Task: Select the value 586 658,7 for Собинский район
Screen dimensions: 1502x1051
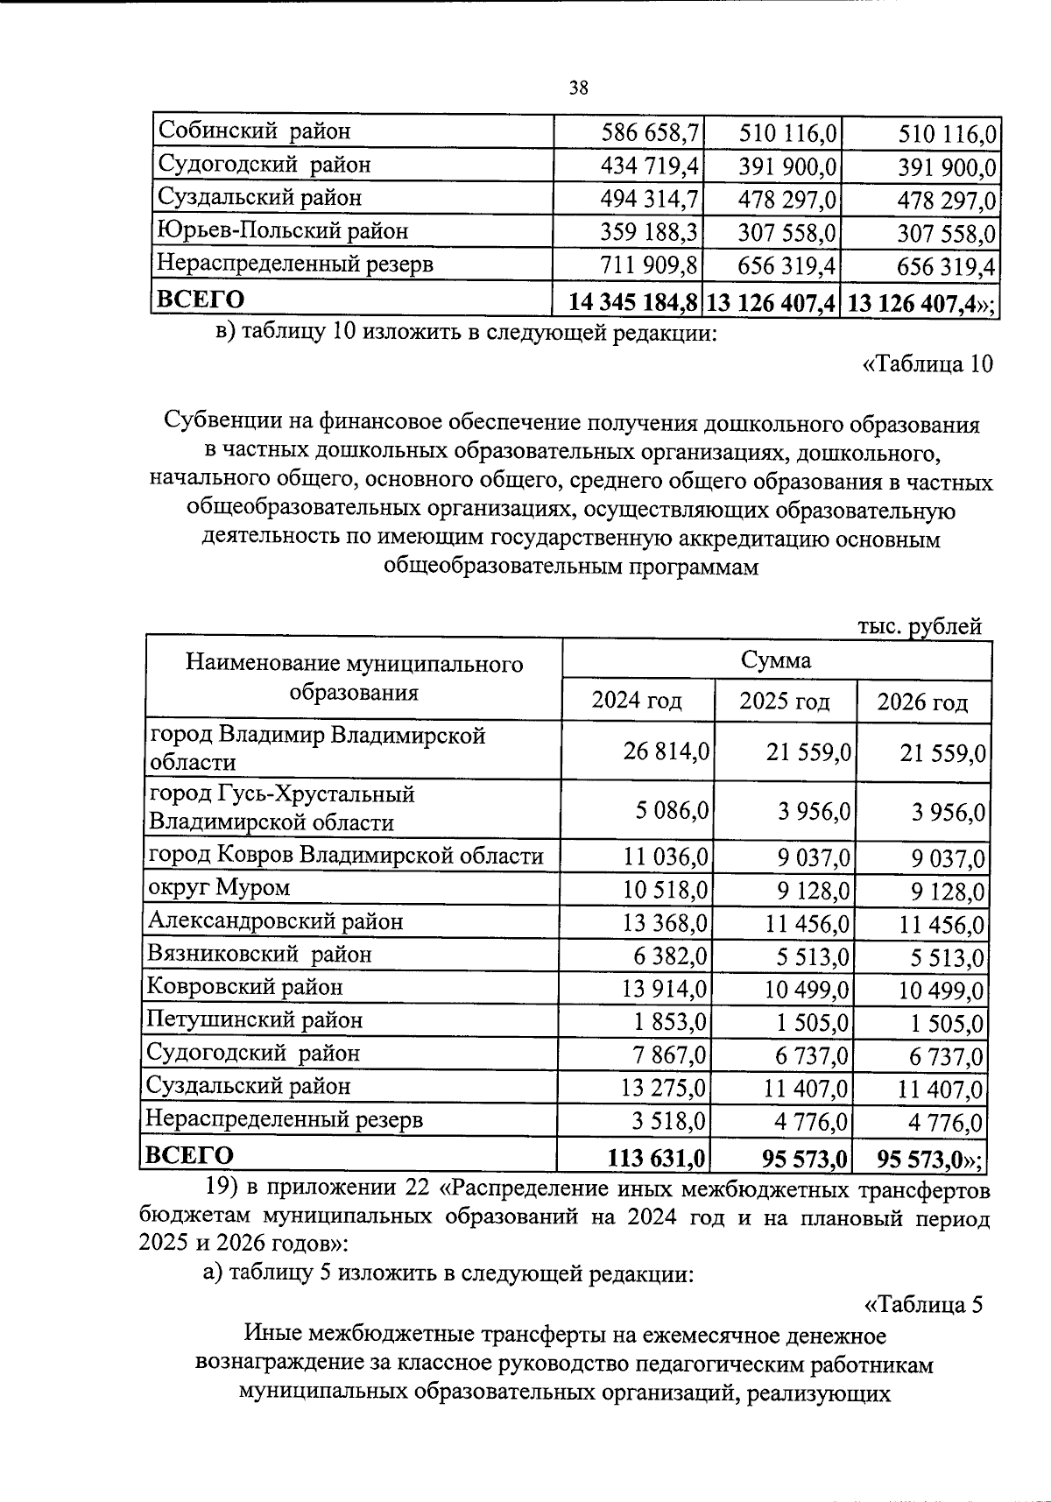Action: tap(649, 133)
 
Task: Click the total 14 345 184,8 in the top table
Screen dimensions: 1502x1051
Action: tap(632, 302)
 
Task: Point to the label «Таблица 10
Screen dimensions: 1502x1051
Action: tap(928, 364)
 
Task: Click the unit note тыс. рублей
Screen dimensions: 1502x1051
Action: tap(919, 626)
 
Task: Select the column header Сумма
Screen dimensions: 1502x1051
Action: tap(775, 659)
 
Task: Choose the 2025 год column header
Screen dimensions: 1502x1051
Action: tap(784, 702)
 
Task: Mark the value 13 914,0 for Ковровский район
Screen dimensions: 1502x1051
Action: tap(665, 990)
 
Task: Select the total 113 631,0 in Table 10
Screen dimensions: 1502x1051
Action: tap(656, 1157)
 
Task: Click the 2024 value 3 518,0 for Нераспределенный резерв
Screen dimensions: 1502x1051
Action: tap(673, 1122)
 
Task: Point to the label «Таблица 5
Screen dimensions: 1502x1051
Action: tap(923, 1304)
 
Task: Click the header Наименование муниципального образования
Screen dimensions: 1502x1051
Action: tap(354, 678)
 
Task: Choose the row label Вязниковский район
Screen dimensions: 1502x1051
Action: tap(259, 955)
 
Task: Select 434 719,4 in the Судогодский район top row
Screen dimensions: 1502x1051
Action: tap(649, 166)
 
